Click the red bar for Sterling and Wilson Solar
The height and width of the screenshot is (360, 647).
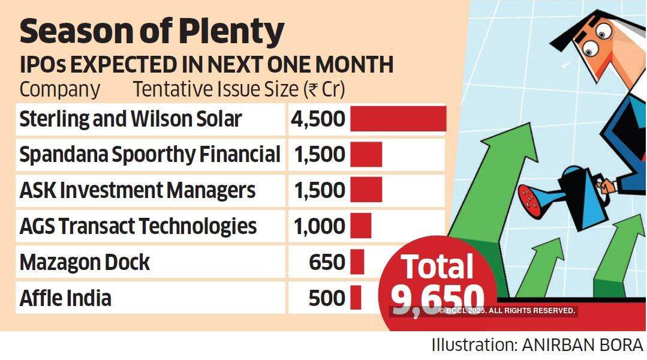(x=398, y=118)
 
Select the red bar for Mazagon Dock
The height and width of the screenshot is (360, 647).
(x=357, y=262)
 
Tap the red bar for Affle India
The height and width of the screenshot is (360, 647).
(x=356, y=298)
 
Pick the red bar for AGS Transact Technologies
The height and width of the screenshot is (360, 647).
(x=360, y=226)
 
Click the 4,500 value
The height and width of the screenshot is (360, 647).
(x=318, y=119)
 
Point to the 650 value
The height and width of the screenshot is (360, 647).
(x=327, y=262)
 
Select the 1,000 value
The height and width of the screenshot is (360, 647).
(x=319, y=226)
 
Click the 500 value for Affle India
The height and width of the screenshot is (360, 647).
(x=327, y=298)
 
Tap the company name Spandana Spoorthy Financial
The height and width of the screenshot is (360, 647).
(x=150, y=155)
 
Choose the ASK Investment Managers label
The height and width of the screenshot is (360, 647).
(x=137, y=191)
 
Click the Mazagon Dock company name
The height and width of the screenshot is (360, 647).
(x=85, y=262)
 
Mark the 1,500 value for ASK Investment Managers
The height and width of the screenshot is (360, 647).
(x=319, y=191)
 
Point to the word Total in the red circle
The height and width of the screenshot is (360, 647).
(x=437, y=266)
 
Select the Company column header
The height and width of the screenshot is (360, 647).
(x=60, y=89)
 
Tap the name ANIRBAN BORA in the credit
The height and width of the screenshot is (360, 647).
(x=574, y=346)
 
